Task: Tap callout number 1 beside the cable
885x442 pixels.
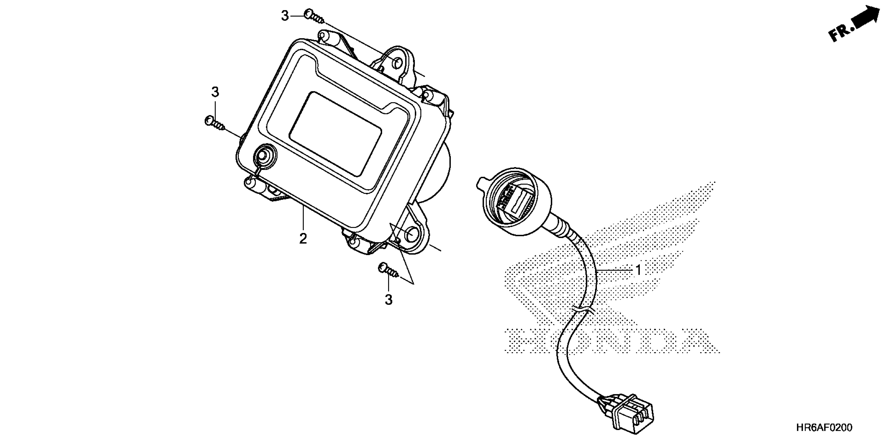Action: [x=638, y=270]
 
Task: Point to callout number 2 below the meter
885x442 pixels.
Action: [x=303, y=239]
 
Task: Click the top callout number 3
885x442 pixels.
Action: [x=285, y=16]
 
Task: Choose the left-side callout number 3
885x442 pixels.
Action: [x=215, y=92]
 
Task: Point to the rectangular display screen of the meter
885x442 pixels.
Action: [x=335, y=134]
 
